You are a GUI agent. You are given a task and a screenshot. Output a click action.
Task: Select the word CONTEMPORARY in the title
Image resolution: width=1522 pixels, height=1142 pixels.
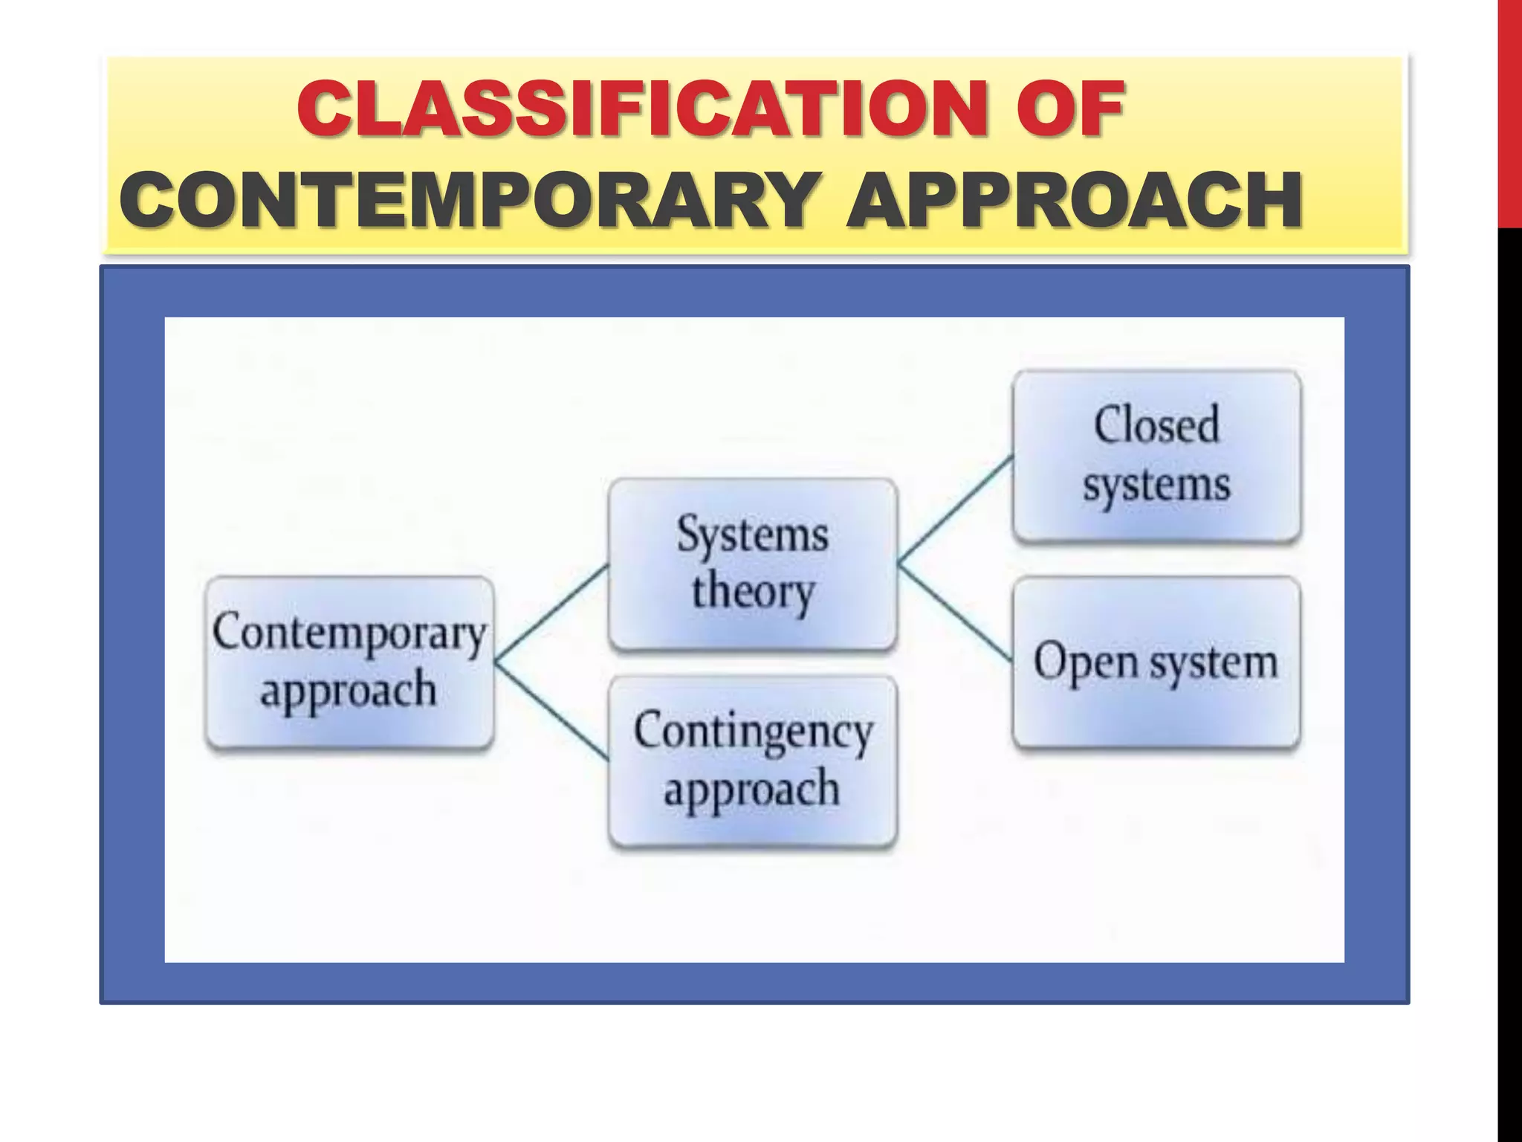(x=461, y=199)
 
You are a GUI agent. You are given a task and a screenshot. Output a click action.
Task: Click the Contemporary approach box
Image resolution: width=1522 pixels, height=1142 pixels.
(x=349, y=662)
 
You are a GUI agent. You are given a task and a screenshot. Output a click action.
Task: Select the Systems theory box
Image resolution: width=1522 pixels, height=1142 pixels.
(x=752, y=564)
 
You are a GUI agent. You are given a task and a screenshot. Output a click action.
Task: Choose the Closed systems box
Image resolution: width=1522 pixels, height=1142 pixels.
(x=1156, y=455)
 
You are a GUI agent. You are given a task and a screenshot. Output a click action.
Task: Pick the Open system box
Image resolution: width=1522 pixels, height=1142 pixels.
(x=1156, y=662)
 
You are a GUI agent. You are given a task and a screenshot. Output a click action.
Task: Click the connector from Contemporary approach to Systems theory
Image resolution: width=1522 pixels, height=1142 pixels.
(x=551, y=612)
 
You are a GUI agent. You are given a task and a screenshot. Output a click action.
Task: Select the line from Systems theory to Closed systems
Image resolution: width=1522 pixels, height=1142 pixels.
(x=955, y=509)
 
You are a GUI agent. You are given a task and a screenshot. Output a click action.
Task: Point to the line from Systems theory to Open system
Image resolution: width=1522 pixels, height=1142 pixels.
(x=955, y=613)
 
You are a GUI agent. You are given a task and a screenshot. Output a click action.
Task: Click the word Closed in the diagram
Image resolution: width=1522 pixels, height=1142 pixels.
(x=1156, y=425)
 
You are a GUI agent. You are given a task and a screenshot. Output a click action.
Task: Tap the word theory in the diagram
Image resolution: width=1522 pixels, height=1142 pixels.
(x=752, y=592)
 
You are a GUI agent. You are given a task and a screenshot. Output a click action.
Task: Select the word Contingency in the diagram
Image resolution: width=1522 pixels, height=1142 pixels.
(x=752, y=732)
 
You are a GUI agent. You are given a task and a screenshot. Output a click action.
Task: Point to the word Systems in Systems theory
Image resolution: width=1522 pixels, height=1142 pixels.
(x=752, y=534)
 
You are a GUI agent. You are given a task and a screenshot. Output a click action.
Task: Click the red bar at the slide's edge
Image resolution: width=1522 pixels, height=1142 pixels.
(x=1509, y=112)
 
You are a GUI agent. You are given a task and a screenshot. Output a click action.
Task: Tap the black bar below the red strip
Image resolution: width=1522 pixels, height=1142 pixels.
(x=1509, y=669)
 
